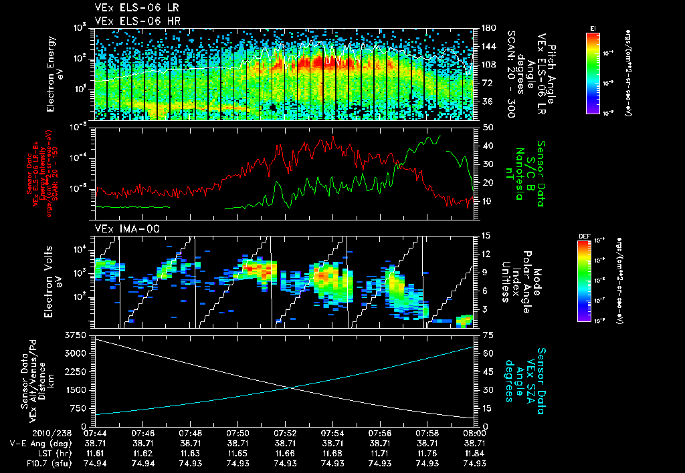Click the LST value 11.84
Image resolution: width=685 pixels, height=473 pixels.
coord(474,454)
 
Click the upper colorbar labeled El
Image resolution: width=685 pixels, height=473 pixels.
coord(593,73)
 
